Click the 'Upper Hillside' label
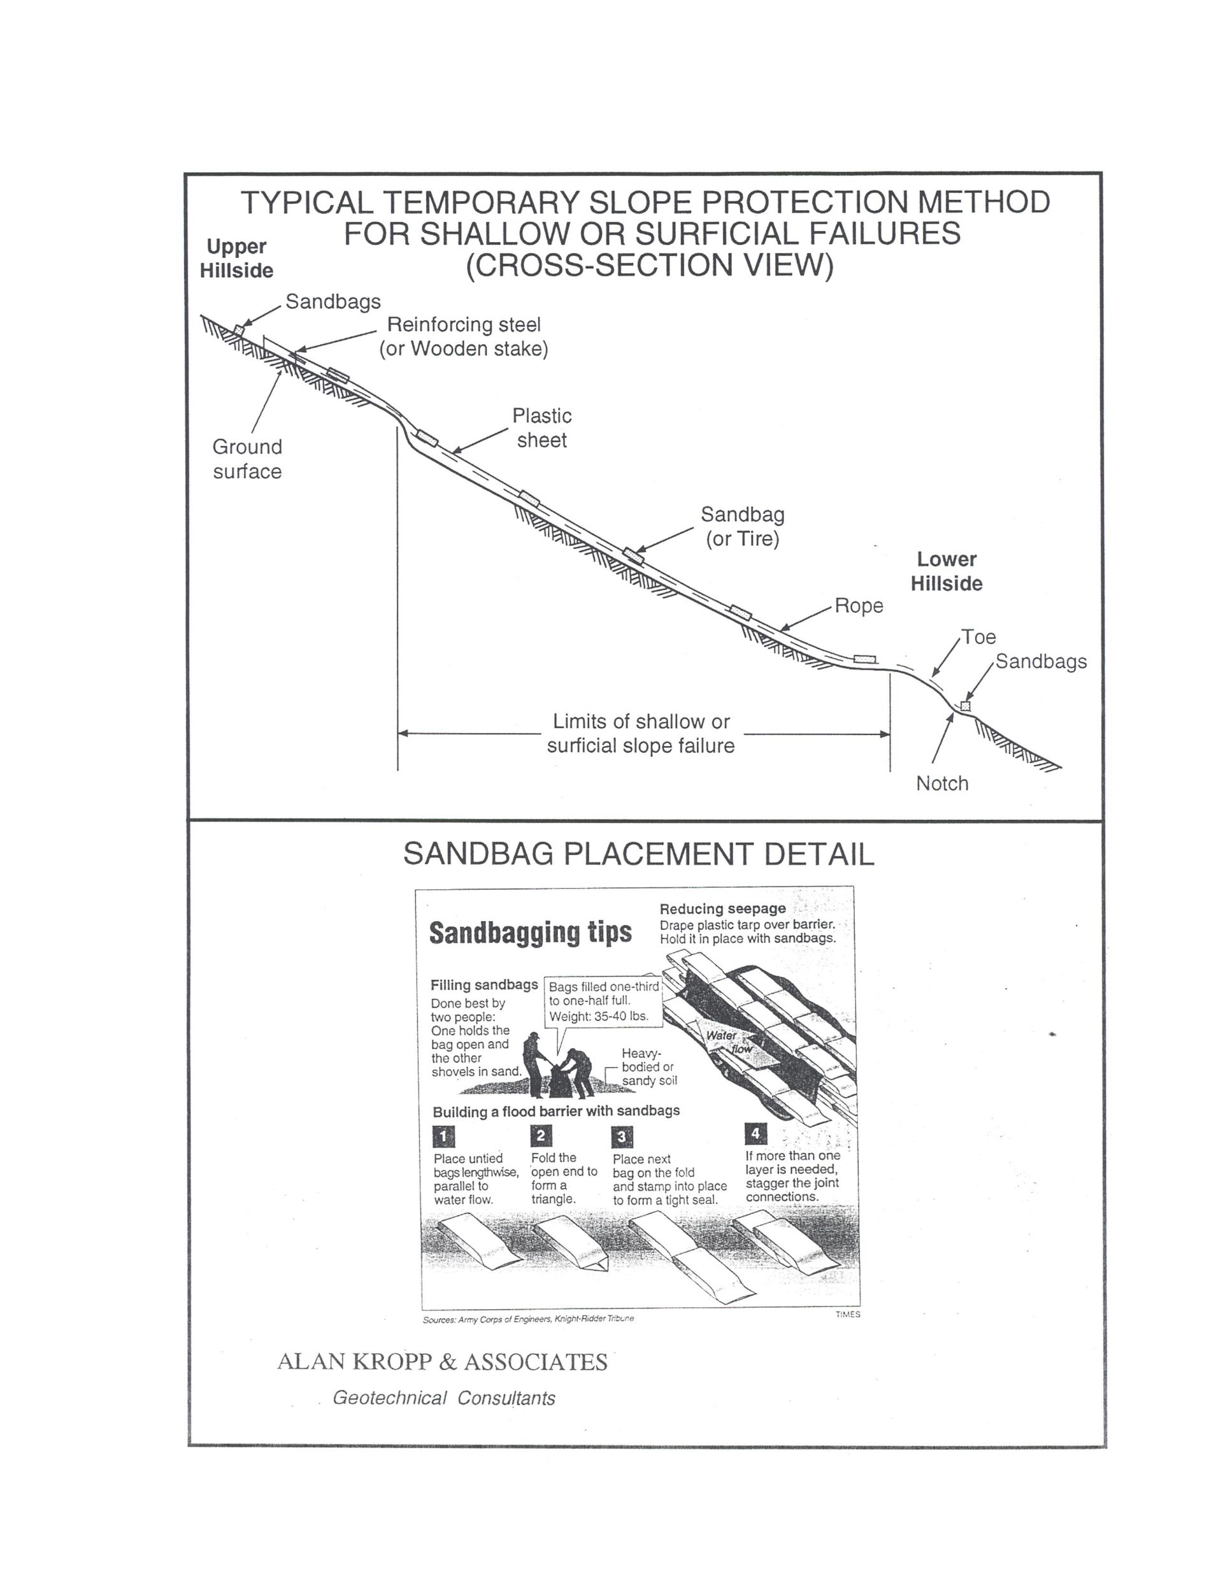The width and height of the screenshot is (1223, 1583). (236, 258)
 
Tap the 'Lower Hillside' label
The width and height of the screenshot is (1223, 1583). (946, 571)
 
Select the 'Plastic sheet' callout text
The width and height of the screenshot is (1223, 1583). (541, 427)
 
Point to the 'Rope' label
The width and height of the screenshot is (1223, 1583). (859, 605)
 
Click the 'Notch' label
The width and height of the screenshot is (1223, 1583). (941, 783)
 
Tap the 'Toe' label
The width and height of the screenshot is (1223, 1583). (978, 636)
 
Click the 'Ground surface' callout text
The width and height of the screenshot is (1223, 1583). (247, 459)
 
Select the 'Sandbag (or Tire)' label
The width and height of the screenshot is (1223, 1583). (742, 526)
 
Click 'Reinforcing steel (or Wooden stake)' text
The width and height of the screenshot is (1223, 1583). (463, 336)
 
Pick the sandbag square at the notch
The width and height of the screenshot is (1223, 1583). (965, 706)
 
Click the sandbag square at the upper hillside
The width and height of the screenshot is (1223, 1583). (238, 331)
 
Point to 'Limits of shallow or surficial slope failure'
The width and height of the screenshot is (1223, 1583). (641, 733)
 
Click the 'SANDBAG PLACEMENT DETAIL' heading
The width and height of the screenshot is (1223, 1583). (638, 854)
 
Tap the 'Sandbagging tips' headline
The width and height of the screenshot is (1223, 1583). (530, 932)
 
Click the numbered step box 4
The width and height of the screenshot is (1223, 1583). (755, 1133)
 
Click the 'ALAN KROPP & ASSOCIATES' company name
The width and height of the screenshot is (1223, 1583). (442, 1362)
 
